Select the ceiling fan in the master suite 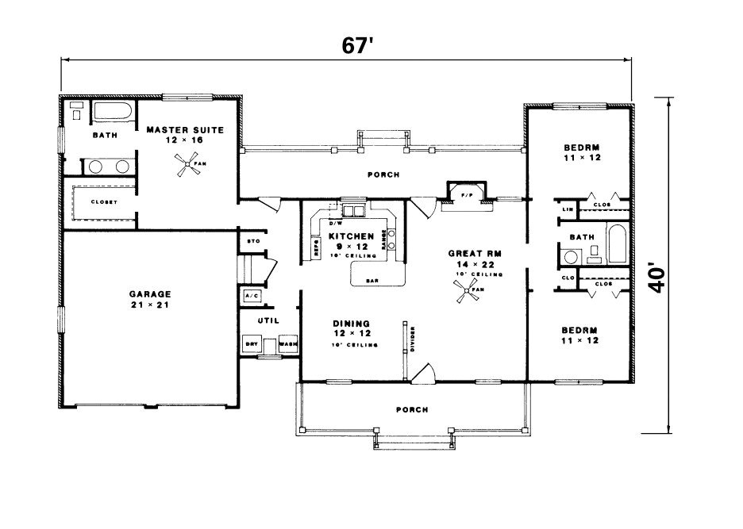coord(184,167)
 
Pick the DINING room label coord(350,324)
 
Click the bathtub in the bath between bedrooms coord(616,243)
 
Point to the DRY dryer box coord(252,344)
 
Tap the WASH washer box coord(287,344)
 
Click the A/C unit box coord(252,296)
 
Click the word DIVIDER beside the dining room coord(413,337)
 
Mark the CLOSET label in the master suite coord(104,202)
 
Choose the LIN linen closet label coord(568,209)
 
